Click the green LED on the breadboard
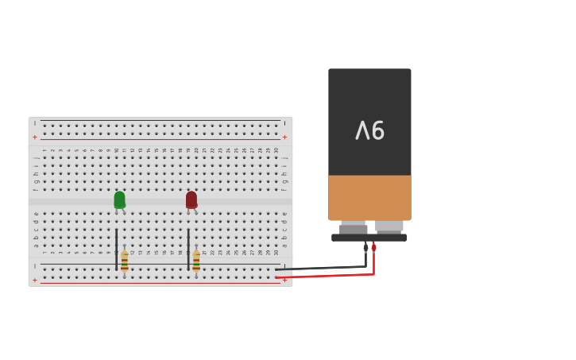pos(119,199)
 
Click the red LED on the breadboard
pos(191,199)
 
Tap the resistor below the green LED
pos(125,262)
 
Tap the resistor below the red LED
pos(196,262)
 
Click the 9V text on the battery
pos(369,130)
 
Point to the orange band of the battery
pos(369,197)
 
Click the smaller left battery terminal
pos(354,227)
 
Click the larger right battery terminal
pos(389,226)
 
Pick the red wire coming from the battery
pos(334,275)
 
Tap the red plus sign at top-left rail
pos(35,137)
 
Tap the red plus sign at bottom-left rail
pos(35,280)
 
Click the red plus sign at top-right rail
pos(284,137)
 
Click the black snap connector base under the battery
pos(369,238)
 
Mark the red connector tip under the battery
pos(374,247)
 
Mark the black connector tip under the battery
pos(366,247)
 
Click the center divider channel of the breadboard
pos(159,202)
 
